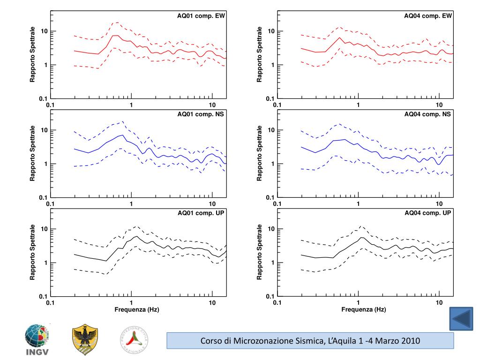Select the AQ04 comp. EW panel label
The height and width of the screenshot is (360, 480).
tap(428, 15)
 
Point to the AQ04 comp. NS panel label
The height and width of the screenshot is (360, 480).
tap(428, 114)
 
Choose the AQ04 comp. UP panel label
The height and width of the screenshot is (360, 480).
tap(428, 213)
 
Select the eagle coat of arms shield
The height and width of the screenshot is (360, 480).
tap(85, 339)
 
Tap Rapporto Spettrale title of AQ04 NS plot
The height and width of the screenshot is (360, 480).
tap(259, 153)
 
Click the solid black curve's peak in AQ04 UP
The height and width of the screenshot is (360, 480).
tap(361, 238)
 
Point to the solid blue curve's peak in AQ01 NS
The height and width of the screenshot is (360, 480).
tap(123, 135)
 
